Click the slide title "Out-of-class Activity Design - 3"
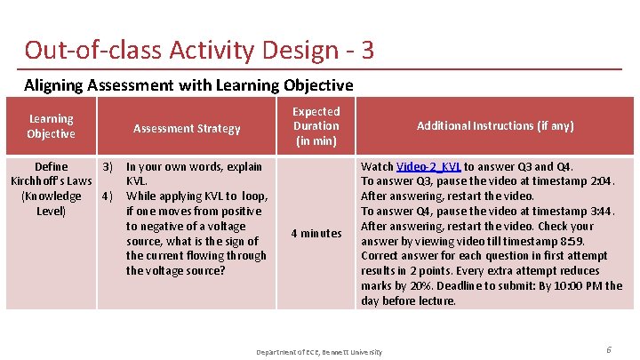199,50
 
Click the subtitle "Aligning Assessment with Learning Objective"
188,85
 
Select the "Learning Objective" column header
51,126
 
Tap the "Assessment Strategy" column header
187,128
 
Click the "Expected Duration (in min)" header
316,126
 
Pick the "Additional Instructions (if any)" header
496,126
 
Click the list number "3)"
108,166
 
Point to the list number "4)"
108,196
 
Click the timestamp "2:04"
602,181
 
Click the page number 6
609,350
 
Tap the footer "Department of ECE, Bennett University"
319,352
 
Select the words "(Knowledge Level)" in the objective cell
51,204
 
